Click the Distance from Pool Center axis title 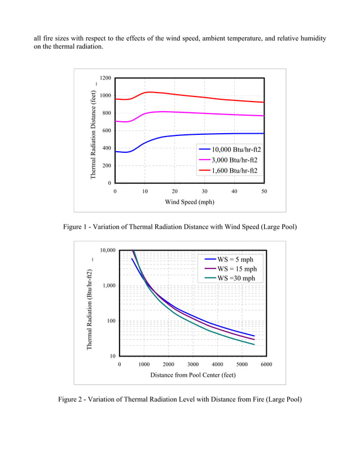tap(193, 375)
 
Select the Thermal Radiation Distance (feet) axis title tap(94, 135)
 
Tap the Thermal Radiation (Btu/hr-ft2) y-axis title tap(89, 310)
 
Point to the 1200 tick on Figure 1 tap(105, 78)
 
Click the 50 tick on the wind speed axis tap(264, 192)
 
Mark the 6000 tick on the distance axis tap(266, 364)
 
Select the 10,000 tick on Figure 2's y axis tap(107, 250)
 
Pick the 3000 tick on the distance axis tap(193, 364)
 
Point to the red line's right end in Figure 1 tap(264, 102)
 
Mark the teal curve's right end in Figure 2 tap(254, 345)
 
